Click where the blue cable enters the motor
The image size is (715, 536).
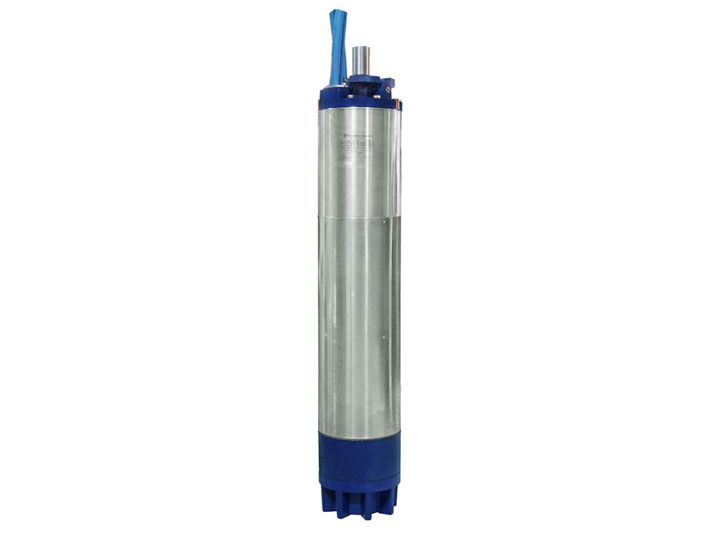[x=335, y=84]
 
